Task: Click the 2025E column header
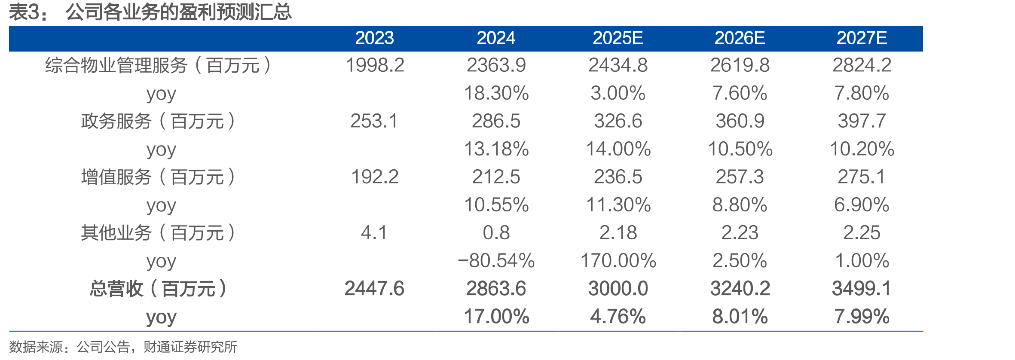pos(618,38)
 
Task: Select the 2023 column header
pos(374,38)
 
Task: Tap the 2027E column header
pos(862,38)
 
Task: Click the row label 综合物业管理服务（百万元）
pos(159,65)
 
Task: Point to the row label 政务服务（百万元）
pos(159,121)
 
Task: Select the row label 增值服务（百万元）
pos(159,177)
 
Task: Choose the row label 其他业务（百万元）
pos(159,233)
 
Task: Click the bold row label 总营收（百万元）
pos(159,289)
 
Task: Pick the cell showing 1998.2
pos(375,65)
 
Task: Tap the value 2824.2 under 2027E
pos(862,65)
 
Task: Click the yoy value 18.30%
pos(496,93)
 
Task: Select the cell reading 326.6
pos(618,121)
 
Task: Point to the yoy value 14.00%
pos(618,149)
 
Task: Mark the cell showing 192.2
pos(375,177)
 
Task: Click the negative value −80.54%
pos(496,261)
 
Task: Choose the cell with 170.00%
pos(618,261)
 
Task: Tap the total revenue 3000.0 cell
pos(618,289)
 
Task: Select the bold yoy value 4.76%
pos(618,317)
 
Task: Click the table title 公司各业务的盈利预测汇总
pos(179,12)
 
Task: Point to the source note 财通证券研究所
pos(190,347)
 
